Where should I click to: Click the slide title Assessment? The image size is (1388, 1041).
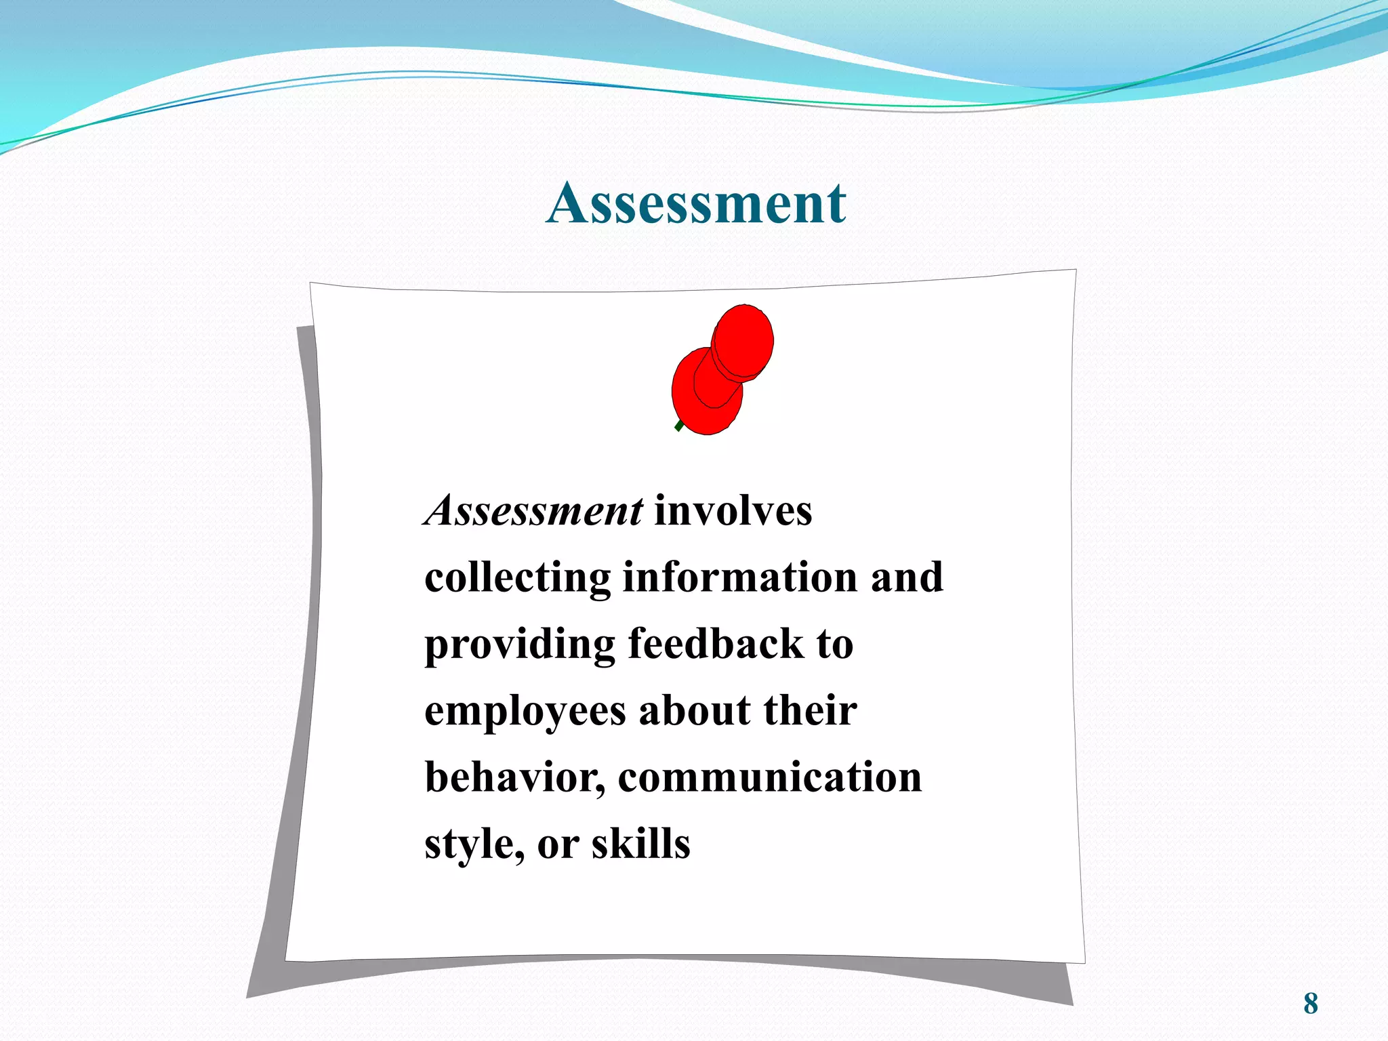696,203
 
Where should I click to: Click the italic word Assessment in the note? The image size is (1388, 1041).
534,510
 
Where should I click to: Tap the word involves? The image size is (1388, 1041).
733,510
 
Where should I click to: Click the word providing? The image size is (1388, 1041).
519,645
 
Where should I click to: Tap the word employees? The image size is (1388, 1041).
525,712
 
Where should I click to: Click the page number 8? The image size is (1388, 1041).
1311,1004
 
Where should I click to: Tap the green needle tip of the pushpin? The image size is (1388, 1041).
679,426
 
